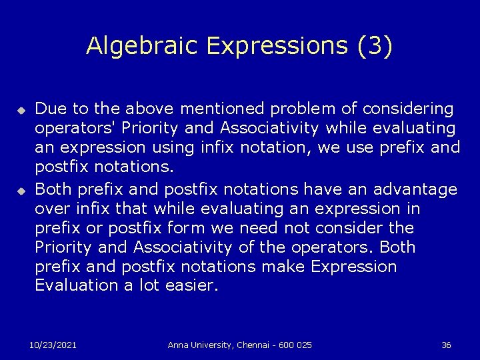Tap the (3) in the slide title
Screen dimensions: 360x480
pyautogui.click(x=375, y=45)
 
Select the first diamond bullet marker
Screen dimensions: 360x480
pyautogui.click(x=21, y=109)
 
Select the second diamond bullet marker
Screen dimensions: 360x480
pyautogui.click(x=21, y=191)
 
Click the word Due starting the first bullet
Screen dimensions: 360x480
pyautogui.click(x=49, y=108)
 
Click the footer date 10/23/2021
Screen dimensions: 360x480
pyautogui.click(x=53, y=345)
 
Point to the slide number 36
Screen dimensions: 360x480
pyautogui.click(x=446, y=345)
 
